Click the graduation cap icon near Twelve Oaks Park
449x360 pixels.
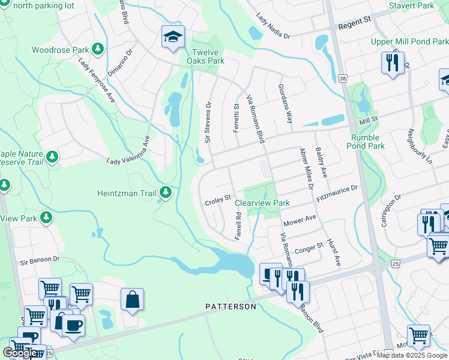[x=172, y=37]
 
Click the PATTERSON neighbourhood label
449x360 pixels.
[x=231, y=307]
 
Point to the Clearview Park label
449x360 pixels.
[x=262, y=203]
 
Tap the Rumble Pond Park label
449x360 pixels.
[x=367, y=142]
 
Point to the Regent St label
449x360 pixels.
[x=355, y=22]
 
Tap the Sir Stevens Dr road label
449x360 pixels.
[x=209, y=121]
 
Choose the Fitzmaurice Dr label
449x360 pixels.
[x=337, y=194]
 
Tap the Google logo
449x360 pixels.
[x=20, y=352]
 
